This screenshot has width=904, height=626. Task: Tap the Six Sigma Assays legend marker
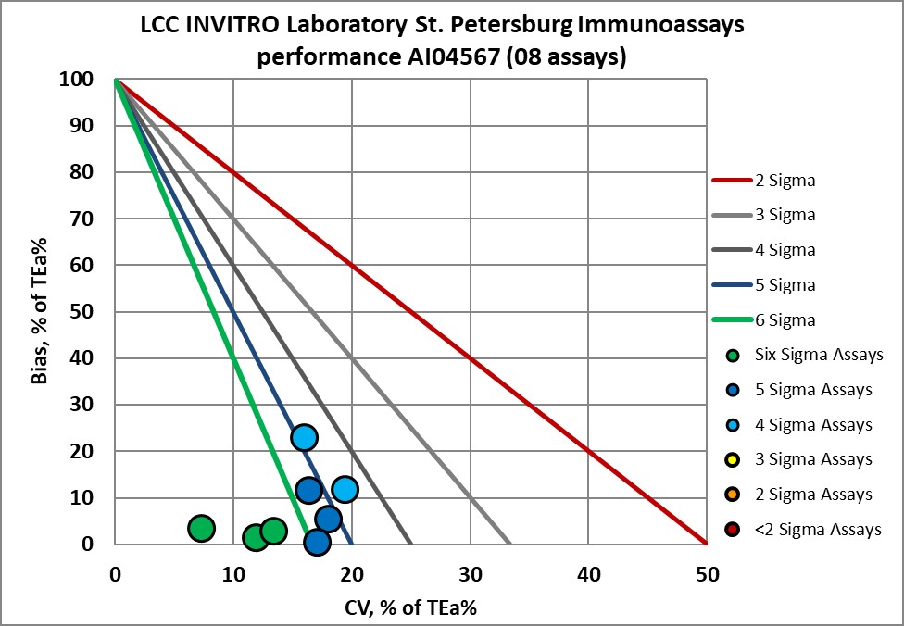734,355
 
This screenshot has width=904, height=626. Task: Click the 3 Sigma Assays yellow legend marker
734,459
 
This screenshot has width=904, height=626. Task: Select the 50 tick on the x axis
707,573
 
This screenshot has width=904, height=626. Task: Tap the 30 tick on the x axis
471,573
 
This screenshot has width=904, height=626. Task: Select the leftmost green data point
201,528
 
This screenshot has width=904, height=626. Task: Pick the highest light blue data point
304,437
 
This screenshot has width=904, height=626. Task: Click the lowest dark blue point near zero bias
317,543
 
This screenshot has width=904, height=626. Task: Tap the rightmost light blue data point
345,489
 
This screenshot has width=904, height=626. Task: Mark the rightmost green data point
273,531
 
